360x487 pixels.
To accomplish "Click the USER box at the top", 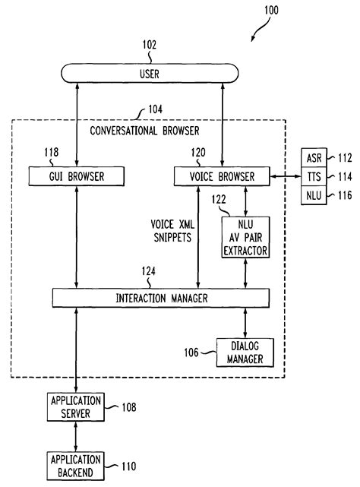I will (149, 73).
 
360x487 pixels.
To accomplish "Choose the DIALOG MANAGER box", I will (245, 352).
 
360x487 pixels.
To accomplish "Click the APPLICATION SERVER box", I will (77, 408).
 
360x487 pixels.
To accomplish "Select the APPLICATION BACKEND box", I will (77, 464).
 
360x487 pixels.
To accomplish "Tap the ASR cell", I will (314, 159).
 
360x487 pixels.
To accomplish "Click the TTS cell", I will (314, 177).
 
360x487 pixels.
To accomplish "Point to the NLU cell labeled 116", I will (314, 195).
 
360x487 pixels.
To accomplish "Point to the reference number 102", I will (149, 45).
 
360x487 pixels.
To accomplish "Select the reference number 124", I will (149, 270).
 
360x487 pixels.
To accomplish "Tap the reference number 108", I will (128, 407).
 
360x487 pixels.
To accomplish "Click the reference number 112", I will (346, 159).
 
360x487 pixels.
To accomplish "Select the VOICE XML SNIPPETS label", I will (171, 231).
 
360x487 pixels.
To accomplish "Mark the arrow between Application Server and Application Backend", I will (77, 436).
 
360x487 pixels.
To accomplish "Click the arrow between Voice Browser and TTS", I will (283, 177).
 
